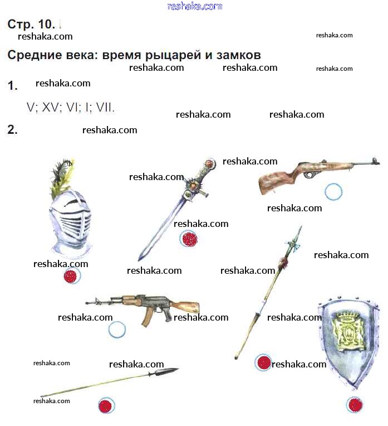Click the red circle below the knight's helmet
72,276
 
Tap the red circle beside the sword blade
189,239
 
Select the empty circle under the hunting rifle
333,192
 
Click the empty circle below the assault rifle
117,330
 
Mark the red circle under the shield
355,405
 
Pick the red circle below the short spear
106,405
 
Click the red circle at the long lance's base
263,362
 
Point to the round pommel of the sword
210,163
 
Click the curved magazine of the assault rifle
146,317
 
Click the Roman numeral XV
50,108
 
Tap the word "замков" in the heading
238,55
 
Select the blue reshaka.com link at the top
195,6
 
